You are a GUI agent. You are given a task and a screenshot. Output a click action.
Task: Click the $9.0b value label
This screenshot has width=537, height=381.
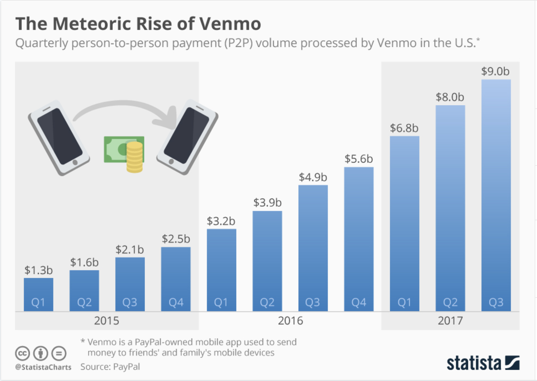coord(495,71)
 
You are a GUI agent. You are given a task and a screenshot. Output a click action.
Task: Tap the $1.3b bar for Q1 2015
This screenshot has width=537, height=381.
coord(38,294)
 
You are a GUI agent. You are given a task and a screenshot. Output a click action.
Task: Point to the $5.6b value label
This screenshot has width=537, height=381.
coord(359,159)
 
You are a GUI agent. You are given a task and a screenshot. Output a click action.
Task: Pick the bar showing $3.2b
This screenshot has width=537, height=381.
coord(221,270)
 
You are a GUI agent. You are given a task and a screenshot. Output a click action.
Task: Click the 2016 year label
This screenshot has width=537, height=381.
coord(290,321)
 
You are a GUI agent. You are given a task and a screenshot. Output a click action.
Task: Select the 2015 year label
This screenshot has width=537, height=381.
coord(106,321)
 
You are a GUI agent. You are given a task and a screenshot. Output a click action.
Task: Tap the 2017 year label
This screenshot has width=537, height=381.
coord(450,321)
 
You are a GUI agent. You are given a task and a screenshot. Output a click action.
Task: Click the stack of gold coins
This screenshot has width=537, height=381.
coord(135,157)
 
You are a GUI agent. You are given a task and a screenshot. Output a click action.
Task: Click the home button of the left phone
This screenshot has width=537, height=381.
coord(75,162)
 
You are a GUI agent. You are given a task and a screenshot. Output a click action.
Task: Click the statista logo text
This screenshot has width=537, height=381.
coord(474,363)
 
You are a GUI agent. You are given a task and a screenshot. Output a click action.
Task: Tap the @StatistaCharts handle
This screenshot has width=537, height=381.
coord(43,367)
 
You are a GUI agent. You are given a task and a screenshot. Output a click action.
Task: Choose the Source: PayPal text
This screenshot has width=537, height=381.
coord(110,367)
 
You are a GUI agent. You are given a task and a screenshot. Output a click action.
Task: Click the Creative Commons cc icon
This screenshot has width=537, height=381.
coord(23,353)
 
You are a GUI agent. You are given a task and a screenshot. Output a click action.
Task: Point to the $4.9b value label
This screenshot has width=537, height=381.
coord(313,177)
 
